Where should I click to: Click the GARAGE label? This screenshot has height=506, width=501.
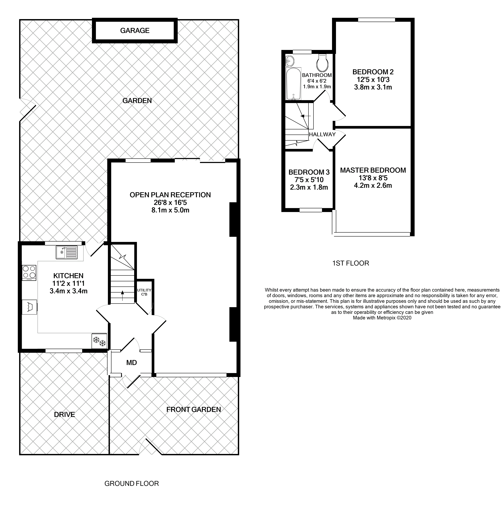(135, 31)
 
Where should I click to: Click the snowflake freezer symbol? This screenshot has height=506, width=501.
(99, 341)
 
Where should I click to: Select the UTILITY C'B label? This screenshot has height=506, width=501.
(144, 292)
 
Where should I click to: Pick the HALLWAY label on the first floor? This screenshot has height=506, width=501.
(322, 134)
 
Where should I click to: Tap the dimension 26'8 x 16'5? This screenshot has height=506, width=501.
(170, 202)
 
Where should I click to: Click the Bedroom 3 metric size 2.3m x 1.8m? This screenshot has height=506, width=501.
(309, 187)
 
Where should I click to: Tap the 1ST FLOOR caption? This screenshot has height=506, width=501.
(350, 263)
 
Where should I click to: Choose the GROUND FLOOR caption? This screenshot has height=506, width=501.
(132, 483)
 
